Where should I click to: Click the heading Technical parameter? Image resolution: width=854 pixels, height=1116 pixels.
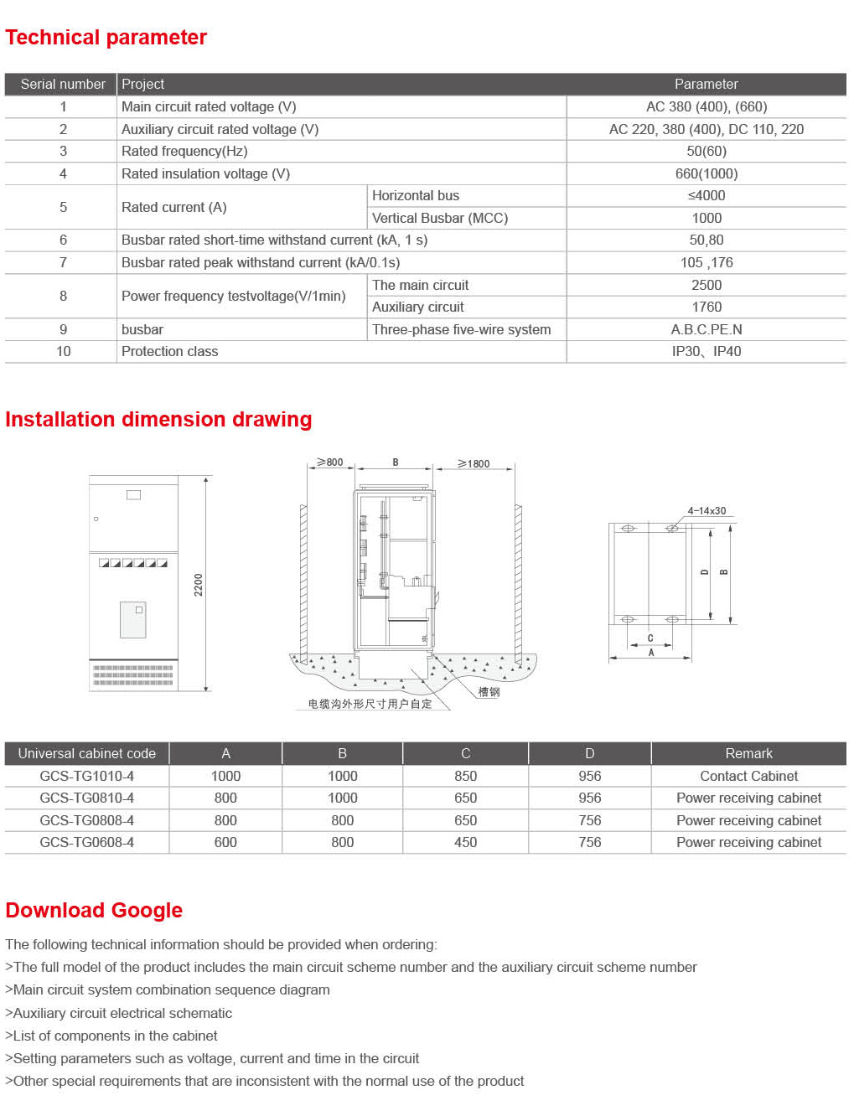pyautogui.click(x=106, y=38)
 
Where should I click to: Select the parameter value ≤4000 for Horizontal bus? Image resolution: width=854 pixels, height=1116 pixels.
pyautogui.click(x=706, y=196)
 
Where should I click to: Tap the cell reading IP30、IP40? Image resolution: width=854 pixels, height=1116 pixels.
pyautogui.click(x=706, y=352)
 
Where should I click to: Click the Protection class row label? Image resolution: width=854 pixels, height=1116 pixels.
pyautogui.click(x=169, y=352)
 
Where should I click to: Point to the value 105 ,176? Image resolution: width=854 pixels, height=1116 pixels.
pyautogui.click(x=706, y=263)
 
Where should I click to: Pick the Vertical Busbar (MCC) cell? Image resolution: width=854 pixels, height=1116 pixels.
pyautogui.click(x=440, y=219)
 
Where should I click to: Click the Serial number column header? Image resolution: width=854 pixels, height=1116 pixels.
pyautogui.click(x=63, y=85)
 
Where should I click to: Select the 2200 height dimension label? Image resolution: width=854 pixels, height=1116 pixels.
pyautogui.click(x=199, y=585)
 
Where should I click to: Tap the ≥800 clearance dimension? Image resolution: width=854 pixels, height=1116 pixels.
pyautogui.click(x=329, y=462)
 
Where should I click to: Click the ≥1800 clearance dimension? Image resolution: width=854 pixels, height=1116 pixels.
pyautogui.click(x=474, y=463)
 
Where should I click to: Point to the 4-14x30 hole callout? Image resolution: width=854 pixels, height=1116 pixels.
pyautogui.click(x=706, y=511)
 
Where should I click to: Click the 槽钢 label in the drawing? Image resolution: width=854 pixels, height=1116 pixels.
pyautogui.click(x=489, y=692)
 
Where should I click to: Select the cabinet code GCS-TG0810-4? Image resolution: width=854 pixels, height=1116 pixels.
pyautogui.click(x=86, y=798)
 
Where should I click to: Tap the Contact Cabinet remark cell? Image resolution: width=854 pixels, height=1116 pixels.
pyautogui.click(x=748, y=777)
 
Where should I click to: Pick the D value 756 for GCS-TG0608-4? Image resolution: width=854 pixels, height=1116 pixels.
pyautogui.click(x=589, y=843)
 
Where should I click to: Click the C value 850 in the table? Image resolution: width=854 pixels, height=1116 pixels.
pyautogui.click(x=465, y=777)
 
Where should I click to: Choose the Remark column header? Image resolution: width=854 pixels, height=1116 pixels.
pyautogui.click(x=748, y=754)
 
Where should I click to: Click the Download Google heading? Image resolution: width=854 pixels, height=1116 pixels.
pyautogui.click(x=94, y=911)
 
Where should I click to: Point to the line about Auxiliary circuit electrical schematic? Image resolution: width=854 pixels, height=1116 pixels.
pyautogui.click(x=118, y=1014)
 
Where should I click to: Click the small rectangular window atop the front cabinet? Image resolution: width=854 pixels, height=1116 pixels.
pyautogui.click(x=133, y=495)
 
